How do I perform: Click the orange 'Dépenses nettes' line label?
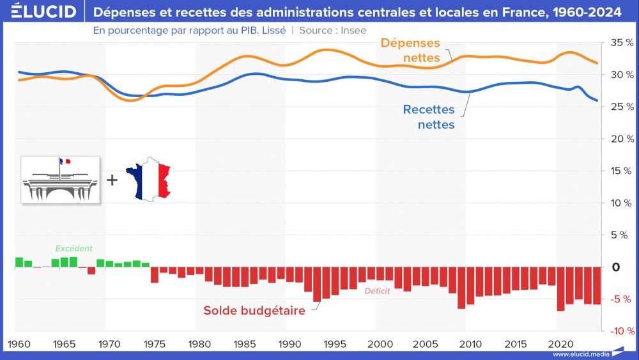pyautogui.click(x=411, y=50)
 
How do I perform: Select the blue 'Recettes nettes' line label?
pyautogui.click(x=429, y=117)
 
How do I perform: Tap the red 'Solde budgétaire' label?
pyautogui.click(x=254, y=310)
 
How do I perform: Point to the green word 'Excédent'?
pyautogui.click(x=73, y=248)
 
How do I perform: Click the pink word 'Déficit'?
pyautogui.click(x=377, y=292)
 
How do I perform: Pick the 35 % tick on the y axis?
pyautogui.click(x=622, y=42)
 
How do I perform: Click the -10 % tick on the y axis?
pyautogui.click(x=620, y=331)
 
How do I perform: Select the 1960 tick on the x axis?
pyautogui.click(x=20, y=344)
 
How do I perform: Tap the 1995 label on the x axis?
pyautogui.click(x=335, y=344)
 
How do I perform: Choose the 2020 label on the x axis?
pyautogui.click(x=560, y=344)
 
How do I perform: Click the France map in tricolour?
pyautogui.click(x=149, y=179)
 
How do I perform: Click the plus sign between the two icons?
pyautogui.click(x=112, y=180)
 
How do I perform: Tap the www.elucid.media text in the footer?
pyautogui.click(x=578, y=354)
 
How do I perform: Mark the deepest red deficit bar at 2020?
pyautogui.click(x=561, y=289)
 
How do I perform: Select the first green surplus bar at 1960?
pyautogui.click(x=19, y=262)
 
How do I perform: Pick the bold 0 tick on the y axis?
pyautogui.click(x=616, y=267)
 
